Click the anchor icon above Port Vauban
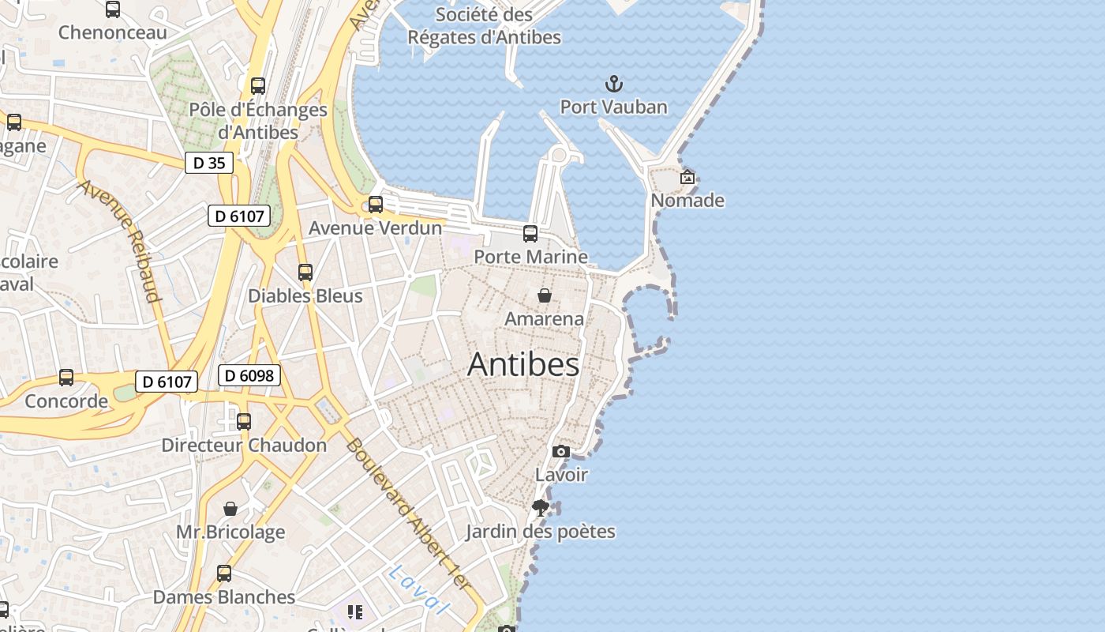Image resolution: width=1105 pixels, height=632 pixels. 613,83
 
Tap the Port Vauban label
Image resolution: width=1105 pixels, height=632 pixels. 613,107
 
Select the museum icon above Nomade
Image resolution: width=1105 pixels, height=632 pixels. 687,177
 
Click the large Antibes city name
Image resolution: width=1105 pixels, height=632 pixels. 523,364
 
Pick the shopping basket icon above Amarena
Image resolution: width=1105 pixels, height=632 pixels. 544,295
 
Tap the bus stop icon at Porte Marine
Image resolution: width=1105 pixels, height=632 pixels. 530,233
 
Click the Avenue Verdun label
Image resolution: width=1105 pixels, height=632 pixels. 375,228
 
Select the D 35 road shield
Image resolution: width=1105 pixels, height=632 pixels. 209,163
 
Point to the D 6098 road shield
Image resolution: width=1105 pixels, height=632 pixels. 249,375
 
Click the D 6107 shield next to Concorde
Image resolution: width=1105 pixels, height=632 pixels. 166,382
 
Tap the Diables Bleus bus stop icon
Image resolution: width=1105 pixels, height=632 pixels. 305,273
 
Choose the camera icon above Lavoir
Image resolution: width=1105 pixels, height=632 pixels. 560,451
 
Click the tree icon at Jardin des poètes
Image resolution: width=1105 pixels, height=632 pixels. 540,507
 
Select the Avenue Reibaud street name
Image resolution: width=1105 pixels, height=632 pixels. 121,241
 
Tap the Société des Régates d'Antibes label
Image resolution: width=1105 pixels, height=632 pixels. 485,25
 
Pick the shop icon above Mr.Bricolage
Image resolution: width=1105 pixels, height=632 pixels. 230,508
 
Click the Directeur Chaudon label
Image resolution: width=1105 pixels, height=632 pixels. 244,445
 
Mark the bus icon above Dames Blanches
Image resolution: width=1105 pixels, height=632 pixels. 224,573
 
